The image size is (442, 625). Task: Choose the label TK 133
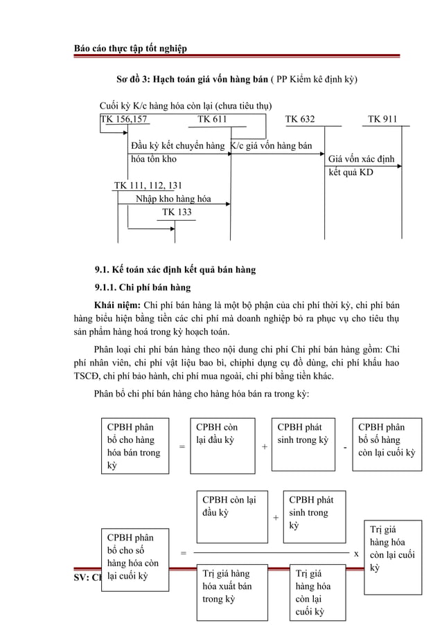tap(177, 212)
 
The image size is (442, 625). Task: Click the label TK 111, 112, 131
tap(148, 185)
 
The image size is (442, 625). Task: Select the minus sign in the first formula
tap(345, 447)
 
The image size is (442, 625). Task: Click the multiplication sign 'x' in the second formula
tap(356, 554)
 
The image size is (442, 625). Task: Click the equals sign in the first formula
tap(182, 447)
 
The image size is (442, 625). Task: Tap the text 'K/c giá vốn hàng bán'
tap(270, 146)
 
